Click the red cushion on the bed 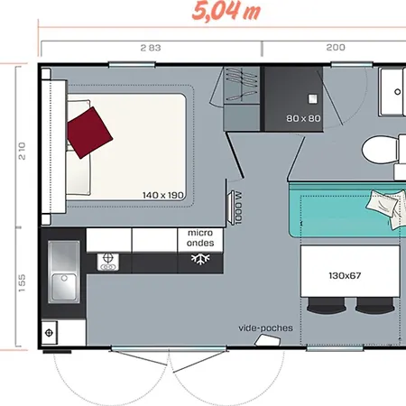click(x=89, y=133)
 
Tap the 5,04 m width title click(x=226, y=11)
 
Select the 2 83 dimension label click(x=151, y=48)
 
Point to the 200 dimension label click(x=336, y=47)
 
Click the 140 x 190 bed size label click(x=163, y=195)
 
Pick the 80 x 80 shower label click(x=303, y=118)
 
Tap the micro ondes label click(x=200, y=238)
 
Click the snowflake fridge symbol click(x=200, y=259)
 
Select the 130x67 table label click(x=345, y=276)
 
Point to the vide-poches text click(x=265, y=328)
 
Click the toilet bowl click(x=380, y=150)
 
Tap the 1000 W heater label click(x=238, y=208)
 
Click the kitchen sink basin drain click(x=64, y=278)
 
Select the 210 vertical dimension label click(x=22, y=151)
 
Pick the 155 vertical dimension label click(x=22, y=283)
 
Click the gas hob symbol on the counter click(x=108, y=262)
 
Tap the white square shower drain click(x=313, y=99)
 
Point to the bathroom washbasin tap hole click(x=397, y=92)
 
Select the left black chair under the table click(x=326, y=306)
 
